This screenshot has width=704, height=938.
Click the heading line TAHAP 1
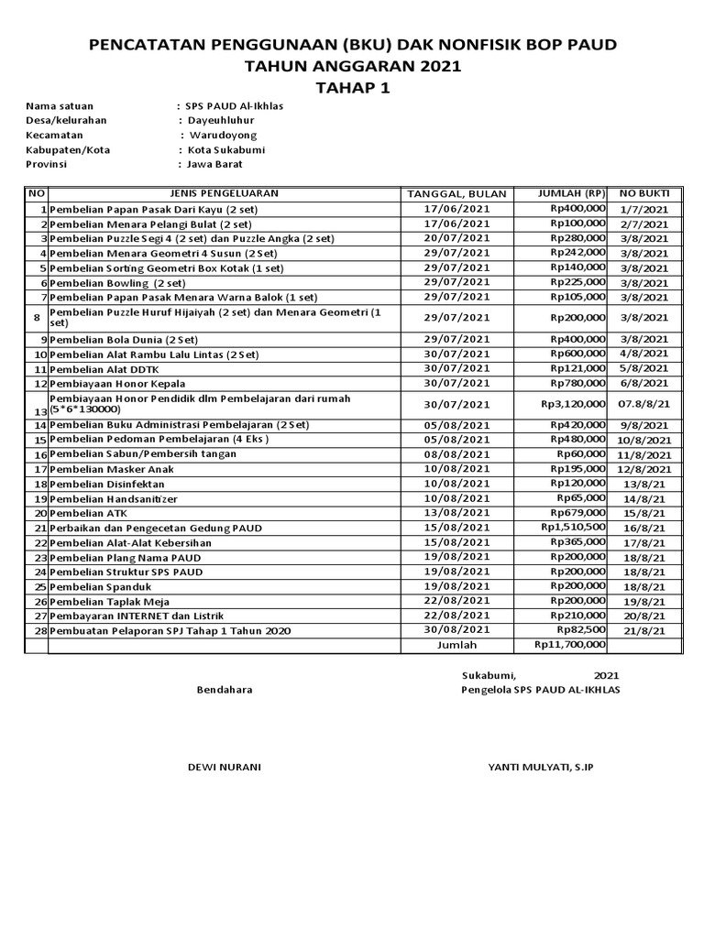pos(351,88)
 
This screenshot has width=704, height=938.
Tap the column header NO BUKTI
pos(644,193)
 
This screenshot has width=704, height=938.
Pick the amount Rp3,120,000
pos(573,404)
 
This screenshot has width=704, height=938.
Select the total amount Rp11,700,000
pos(569,645)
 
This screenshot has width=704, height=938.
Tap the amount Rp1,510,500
pos(573,528)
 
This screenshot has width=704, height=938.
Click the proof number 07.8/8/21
pos(644,404)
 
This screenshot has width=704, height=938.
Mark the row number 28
pos(40,630)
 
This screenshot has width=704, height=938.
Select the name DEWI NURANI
pos(224,767)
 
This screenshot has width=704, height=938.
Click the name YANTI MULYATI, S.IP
pos(541,767)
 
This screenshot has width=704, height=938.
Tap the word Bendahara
pos(225,690)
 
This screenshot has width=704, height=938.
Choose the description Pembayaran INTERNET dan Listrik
pos(137,616)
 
